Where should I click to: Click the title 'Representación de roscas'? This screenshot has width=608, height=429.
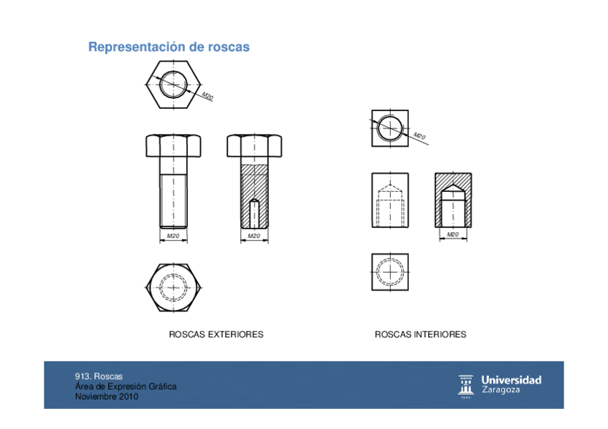(x=168, y=47)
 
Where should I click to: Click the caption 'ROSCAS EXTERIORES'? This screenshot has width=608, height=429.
(x=216, y=334)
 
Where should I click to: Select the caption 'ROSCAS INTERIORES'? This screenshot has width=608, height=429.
(x=420, y=334)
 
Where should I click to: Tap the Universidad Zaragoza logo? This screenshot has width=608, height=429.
(x=500, y=385)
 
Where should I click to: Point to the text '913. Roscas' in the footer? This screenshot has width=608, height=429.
(x=99, y=376)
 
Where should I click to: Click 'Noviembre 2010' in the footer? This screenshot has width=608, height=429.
(x=107, y=396)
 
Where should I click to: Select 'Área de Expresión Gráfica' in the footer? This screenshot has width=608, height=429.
(x=125, y=386)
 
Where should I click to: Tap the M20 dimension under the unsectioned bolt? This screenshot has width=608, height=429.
(x=173, y=236)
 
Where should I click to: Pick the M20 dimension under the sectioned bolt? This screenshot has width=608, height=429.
(x=254, y=236)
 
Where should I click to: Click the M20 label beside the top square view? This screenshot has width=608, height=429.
(x=419, y=136)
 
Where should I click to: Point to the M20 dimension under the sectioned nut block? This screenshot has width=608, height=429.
(x=452, y=235)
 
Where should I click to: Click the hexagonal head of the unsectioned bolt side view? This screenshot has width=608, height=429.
(x=173, y=145)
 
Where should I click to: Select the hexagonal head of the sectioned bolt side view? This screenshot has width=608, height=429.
(x=254, y=145)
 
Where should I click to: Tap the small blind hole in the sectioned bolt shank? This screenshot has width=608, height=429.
(x=254, y=213)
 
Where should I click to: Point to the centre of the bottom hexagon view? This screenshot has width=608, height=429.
(x=173, y=286)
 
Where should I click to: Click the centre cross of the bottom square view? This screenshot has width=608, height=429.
(x=389, y=272)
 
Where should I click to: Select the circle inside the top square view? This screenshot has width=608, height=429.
(x=389, y=128)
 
